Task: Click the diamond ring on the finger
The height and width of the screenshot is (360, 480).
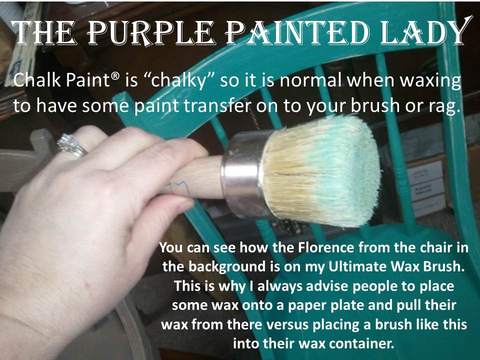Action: pyautogui.click(x=71, y=145)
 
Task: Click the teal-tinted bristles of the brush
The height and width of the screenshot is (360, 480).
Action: pyautogui.click(x=321, y=171)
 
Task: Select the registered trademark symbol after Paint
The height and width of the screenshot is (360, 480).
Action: pyautogui.click(x=115, y=76)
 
